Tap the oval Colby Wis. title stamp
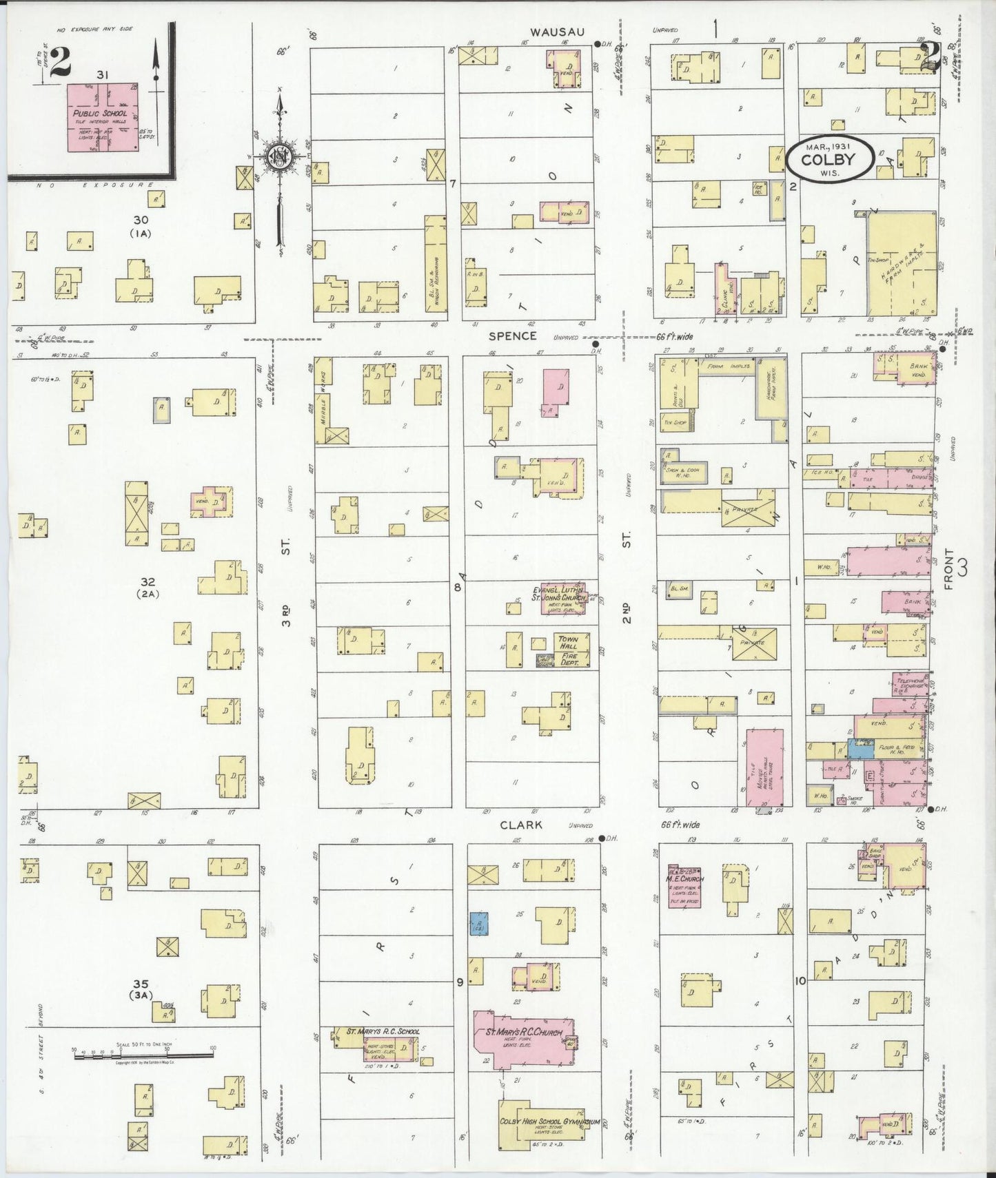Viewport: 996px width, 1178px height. tap(831, 160)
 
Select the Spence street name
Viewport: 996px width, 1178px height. tap(512, 336)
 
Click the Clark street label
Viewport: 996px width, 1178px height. tap(520, 825)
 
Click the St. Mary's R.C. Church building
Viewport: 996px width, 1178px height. tap(524, 1037)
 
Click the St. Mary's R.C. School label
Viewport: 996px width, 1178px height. tap(383, 1031)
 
